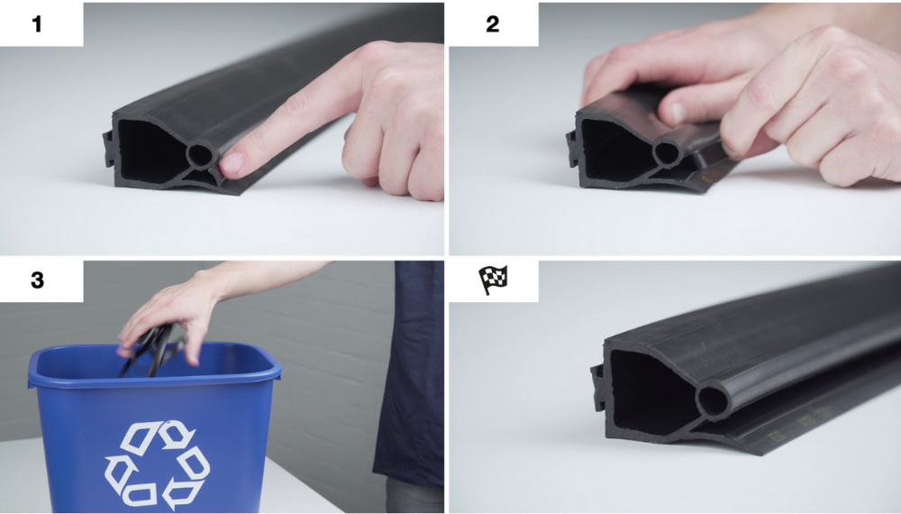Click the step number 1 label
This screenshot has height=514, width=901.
(x=37, y=24)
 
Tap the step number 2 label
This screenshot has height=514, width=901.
(x=493, y=24)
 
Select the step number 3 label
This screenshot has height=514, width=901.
(x=37, y=280)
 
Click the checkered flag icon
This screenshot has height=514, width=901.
(x=493, y=280)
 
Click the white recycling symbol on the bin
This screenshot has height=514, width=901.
(x=158, y=464)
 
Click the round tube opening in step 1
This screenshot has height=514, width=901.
(x=200, y=156)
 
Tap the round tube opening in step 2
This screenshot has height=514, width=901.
(x=666, y=153)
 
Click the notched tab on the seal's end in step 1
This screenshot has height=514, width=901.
(x=108, y=148)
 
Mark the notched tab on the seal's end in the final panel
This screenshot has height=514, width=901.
(x=598, y=387)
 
